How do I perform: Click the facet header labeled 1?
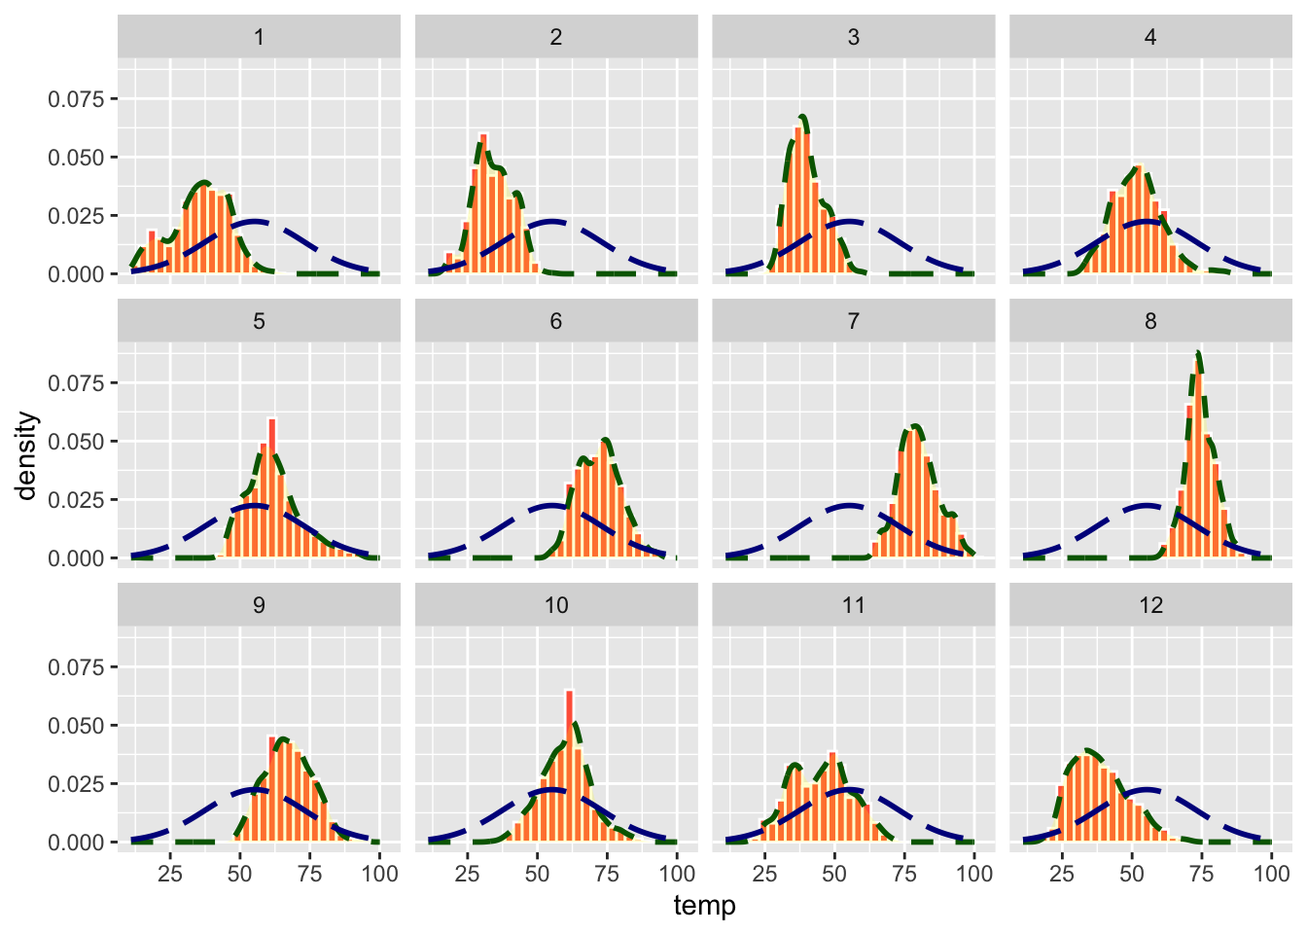tap(259, 37)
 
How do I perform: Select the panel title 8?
tap(1150, 321)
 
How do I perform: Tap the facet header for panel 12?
tap(1150, 605)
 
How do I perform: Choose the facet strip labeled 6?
tap(556, 321)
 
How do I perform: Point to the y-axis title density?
tap(27, 455)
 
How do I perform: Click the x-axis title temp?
tap(704, 906)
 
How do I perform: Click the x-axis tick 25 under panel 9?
tap(170, 873)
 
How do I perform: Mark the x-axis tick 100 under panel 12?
tap(1271, 873)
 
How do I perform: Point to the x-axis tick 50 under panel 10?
tap(537, 873)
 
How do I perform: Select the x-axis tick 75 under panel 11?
tap(904, 873)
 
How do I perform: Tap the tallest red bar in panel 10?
tap(569, 769)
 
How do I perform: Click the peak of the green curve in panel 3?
tap(802, 117)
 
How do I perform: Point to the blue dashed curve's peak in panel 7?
tap(849, 506)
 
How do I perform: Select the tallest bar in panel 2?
tap(483, 204)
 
